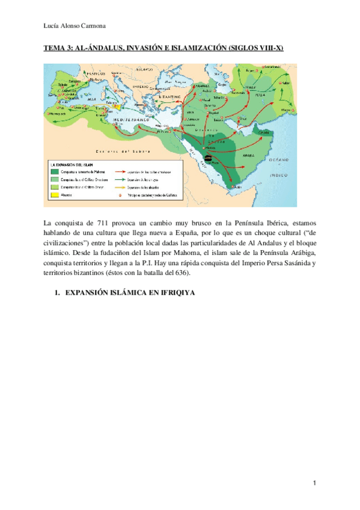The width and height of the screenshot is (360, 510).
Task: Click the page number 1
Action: coord(314,484)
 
